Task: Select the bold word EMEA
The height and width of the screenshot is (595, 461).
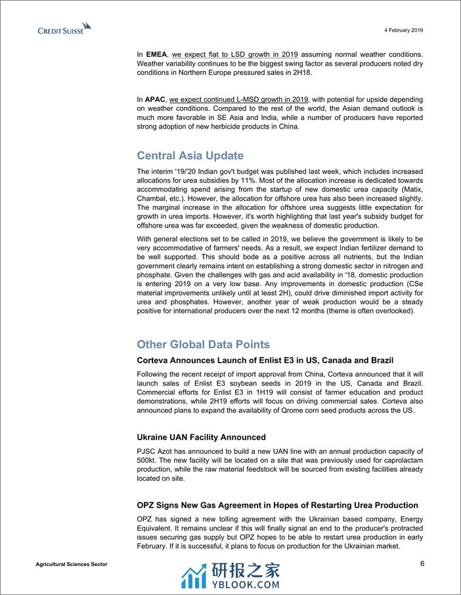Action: (156, 53)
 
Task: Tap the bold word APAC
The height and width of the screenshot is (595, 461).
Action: (156, 99)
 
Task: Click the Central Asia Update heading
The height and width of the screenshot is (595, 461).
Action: (190, 155)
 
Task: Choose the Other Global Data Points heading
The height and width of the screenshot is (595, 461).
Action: (203, 344)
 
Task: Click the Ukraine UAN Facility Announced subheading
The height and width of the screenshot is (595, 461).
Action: (201, 437)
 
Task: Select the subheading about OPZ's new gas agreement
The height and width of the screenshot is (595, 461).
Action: (277, 505)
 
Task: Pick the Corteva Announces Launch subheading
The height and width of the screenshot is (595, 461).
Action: (265, 360)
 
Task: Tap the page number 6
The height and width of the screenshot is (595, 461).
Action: (422, 564)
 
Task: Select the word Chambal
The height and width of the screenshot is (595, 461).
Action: (153, 198)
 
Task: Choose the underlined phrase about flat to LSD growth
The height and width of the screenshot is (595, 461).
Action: (234, 53)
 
